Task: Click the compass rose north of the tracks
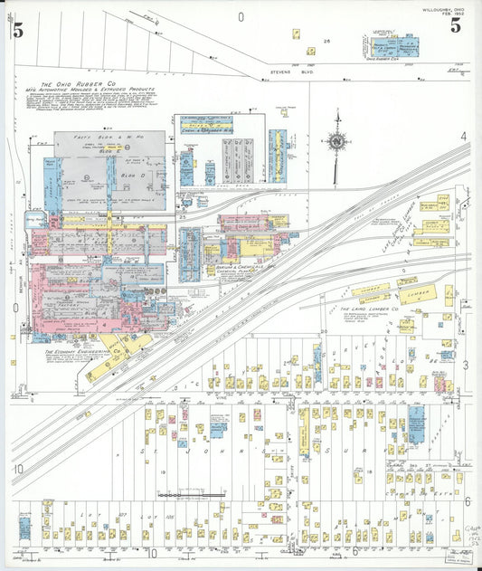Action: [x=337, y=141]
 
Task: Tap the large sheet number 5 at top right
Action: [x=456, y=25]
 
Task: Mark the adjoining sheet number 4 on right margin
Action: [x=466, y=137]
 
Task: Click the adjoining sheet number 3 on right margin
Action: [x=466, y=365]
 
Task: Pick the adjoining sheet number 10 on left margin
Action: [x=18, y=468]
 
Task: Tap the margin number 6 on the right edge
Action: [x=468, y=501]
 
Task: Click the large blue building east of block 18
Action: [x=415, y=423]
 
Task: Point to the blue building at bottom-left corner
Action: [x=24, y=528]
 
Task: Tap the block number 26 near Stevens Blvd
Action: [x=327, y=42]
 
